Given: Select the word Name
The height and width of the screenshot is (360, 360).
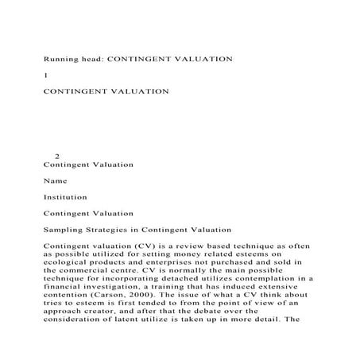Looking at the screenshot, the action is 56,180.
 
